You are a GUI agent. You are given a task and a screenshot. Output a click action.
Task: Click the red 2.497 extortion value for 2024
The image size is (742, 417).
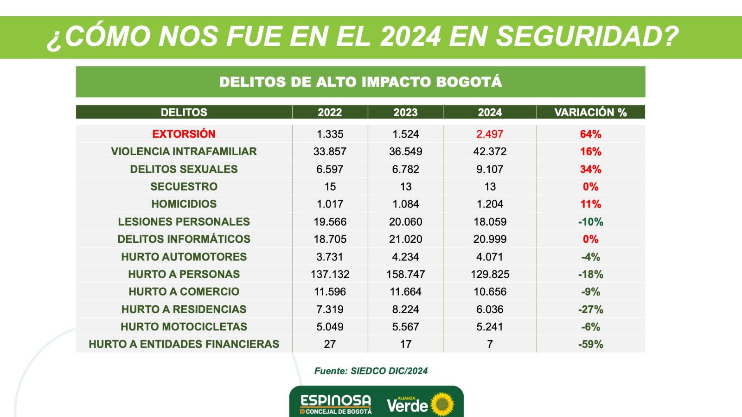490,134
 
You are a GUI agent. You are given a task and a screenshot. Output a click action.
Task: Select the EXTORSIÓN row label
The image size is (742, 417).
184,134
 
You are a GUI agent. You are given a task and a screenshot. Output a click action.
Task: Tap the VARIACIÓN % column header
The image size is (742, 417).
590,112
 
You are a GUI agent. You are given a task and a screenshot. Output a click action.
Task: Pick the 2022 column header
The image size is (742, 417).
330,112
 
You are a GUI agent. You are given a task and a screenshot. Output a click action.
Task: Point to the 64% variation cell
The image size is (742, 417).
590,134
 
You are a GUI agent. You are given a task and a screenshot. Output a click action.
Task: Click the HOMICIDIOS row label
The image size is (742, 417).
184,204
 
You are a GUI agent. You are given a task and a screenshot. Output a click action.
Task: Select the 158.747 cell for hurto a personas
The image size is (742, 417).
405,274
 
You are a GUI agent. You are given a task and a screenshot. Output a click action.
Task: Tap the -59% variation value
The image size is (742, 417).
590,344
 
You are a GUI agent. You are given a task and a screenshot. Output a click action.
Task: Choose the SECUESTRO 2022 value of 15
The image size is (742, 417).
330,187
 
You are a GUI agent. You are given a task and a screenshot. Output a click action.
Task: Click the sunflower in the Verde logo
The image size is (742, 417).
443,404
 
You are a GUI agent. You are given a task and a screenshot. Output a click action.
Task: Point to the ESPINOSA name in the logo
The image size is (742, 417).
336,400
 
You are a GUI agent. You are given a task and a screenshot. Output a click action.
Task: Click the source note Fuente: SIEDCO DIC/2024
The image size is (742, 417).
371,371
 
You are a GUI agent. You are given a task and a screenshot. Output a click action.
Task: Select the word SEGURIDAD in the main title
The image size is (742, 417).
587,37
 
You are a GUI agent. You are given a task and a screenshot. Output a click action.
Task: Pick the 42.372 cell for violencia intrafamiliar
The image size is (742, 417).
490,152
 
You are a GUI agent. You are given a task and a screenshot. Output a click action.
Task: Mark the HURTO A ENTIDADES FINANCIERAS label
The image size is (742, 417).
184,344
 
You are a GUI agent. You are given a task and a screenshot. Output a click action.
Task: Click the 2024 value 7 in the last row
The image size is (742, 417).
490,344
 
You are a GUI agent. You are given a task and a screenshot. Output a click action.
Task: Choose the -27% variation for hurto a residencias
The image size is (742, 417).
590,310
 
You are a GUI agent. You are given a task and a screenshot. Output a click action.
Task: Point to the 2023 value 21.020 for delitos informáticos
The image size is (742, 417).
405,239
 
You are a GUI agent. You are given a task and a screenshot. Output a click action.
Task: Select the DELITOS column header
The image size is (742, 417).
184,112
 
